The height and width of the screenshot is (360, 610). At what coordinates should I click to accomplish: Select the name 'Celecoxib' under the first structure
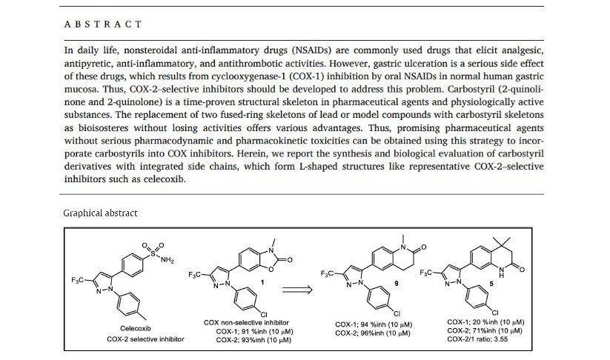pos(141,328)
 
